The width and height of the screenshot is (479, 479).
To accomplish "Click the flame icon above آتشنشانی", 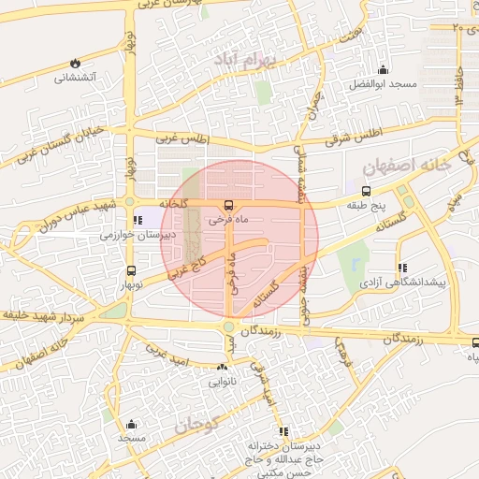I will coord(74,63).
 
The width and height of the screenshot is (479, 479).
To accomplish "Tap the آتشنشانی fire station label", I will coord(75,79).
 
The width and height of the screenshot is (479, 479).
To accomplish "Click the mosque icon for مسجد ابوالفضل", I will coord(382,70).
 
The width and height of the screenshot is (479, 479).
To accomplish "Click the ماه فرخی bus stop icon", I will coord(227,206).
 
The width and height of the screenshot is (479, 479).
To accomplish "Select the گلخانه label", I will coord(174,203).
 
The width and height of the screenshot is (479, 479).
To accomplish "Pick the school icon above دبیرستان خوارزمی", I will coord(139,221).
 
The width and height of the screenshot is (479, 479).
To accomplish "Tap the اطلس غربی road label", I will coord(183,139).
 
